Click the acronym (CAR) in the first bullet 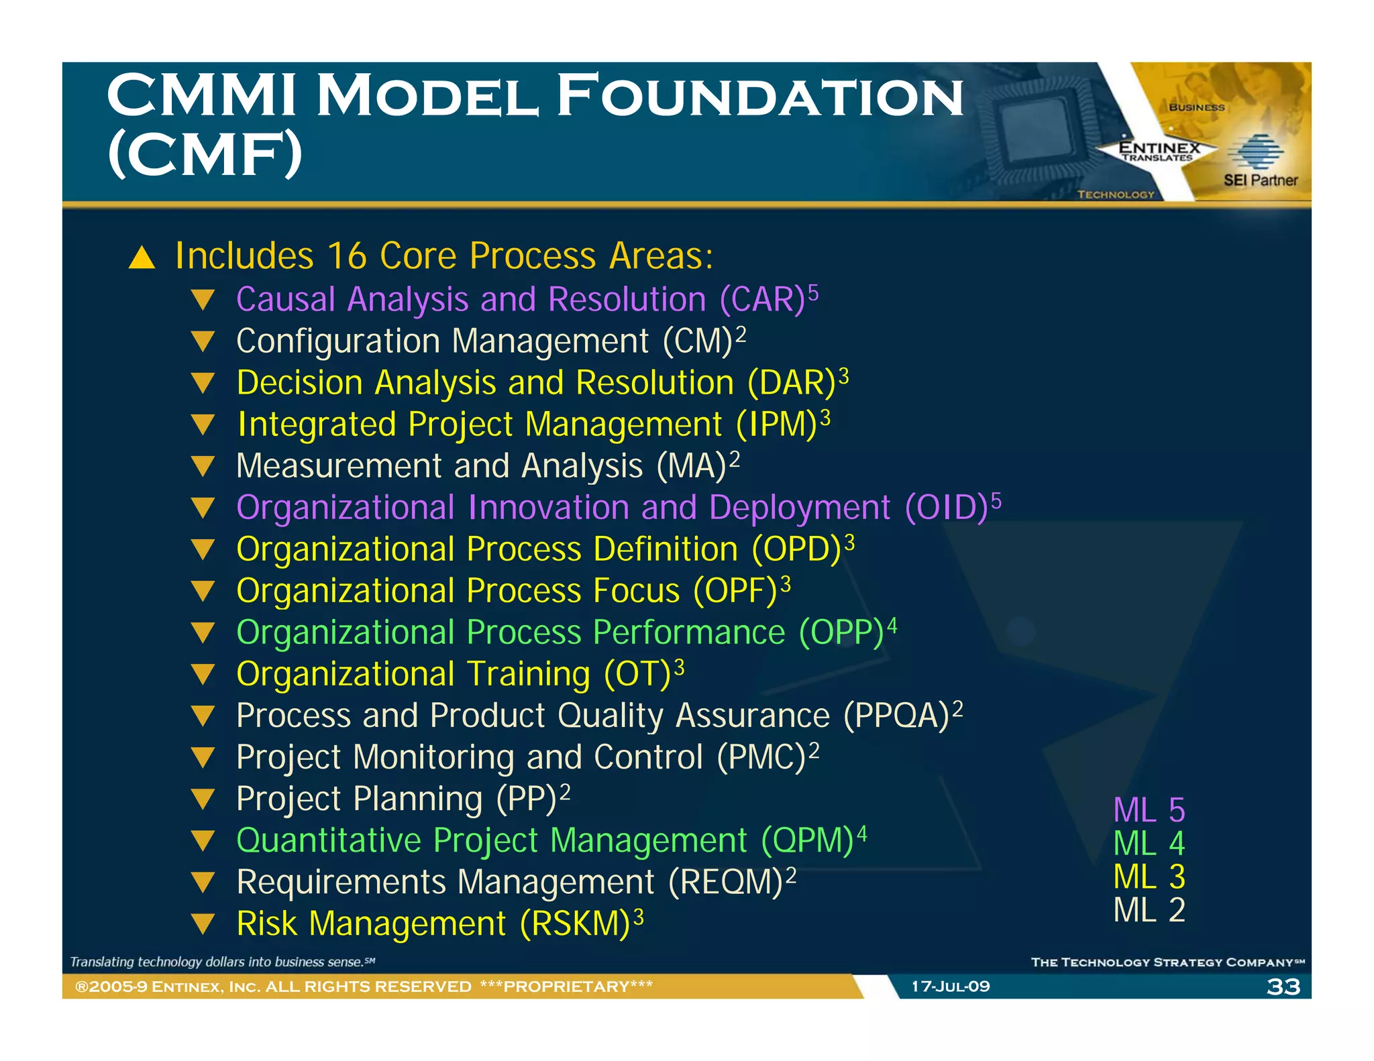point(761,300)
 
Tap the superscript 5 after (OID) point(996,500)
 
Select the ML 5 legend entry point(1149,810)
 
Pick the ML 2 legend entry point(1149,910)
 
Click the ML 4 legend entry point(1149,844)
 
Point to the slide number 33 point(1283,987)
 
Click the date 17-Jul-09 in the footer point(950,987)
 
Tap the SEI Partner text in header point(1260,180)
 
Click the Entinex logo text point(1159,148)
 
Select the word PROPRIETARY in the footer point(566,987)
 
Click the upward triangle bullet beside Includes point(142,258)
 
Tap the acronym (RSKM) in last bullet point(576,924)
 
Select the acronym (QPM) point(807,840)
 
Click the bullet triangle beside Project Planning point(203,799)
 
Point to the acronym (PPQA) point(896,716)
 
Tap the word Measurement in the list point(339,466)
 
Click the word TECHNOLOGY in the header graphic point(1116,194)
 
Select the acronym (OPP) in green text point(841,632)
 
